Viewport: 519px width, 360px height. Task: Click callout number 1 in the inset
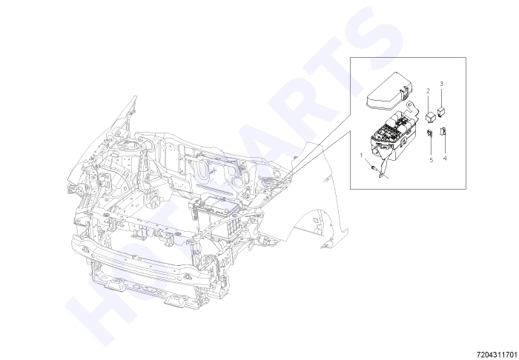click(x=362, y=155)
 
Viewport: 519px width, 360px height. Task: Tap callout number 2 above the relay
click(x=428, y=90)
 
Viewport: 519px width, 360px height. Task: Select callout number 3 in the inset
click(x=442, y=84)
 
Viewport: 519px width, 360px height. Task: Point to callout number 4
click(x=445, y=158)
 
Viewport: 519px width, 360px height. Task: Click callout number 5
click(x=432, y=160)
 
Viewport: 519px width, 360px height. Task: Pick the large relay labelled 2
click(x=430, y=117)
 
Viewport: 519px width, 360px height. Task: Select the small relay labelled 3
click(x=441, y=111)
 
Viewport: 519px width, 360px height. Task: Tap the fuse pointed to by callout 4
click(x=443, y=131)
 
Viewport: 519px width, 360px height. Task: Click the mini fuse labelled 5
click(x=430, y=133)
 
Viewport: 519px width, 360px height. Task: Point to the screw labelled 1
click(x=374, y=168)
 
